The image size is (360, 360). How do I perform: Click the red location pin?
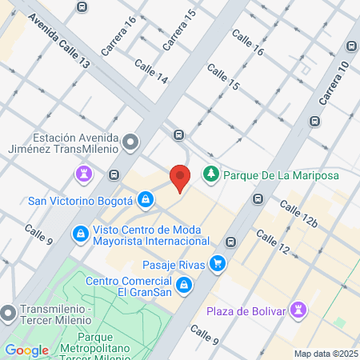(180, 177)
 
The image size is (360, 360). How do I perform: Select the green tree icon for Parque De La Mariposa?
(211, 174)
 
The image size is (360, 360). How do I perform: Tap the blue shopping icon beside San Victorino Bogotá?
(146, 199)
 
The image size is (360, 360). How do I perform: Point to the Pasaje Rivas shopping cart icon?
(217, 264)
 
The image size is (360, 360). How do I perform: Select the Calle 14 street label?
(151, 72)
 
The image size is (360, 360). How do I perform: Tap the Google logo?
(26, 350)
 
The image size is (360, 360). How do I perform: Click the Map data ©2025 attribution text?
(325, 353)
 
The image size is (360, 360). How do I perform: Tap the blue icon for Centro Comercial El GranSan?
(184, 285)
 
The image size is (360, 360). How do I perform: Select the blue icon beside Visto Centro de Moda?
(81, 234)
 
